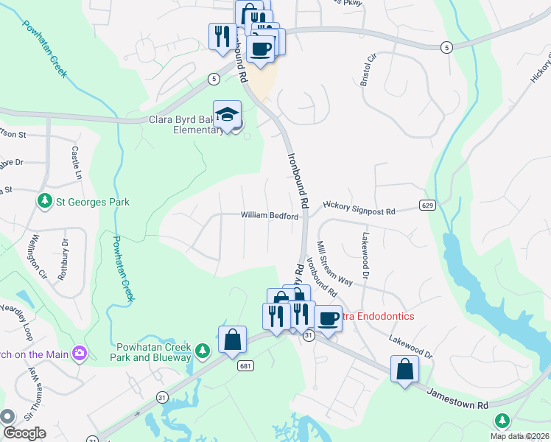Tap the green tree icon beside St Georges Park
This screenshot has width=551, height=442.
[x=44, y=201]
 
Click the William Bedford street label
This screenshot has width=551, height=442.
[x=270, y=216]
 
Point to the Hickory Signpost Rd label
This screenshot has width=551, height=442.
[x=359, y=211]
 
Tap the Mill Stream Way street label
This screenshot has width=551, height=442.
[x=332, y=263]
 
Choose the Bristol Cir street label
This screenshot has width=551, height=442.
[x=367, y=69]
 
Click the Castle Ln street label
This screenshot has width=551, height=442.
[x=76, y=163]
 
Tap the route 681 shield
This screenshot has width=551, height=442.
[x=242, y=365]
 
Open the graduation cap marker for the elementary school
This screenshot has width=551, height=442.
[x=227, y=115]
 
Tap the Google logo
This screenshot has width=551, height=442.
[x=24, y=433]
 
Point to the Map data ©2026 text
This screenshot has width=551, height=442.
[x=519, y=436]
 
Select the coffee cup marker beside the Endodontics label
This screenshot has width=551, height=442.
[x=329, y=318]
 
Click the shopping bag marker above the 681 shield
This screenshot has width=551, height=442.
[x=232, y=340]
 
